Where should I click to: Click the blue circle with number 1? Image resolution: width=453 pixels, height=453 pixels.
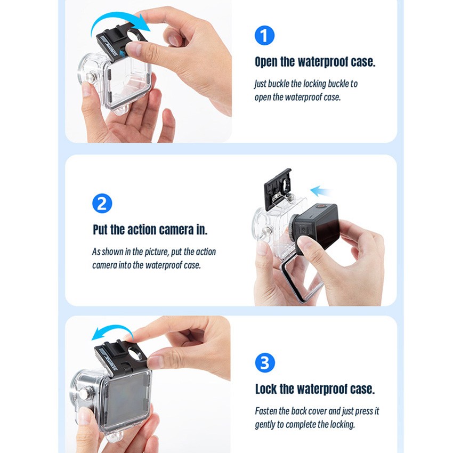[x=264, y=36]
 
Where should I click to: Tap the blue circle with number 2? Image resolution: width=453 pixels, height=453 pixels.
[x=102, y=203]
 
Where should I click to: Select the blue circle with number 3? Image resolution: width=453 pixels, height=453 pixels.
[x=264, y=363]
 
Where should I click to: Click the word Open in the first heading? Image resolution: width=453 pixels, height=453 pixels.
[x=266, y=62]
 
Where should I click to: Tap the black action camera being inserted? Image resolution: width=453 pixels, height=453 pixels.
[x=317, y=226]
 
